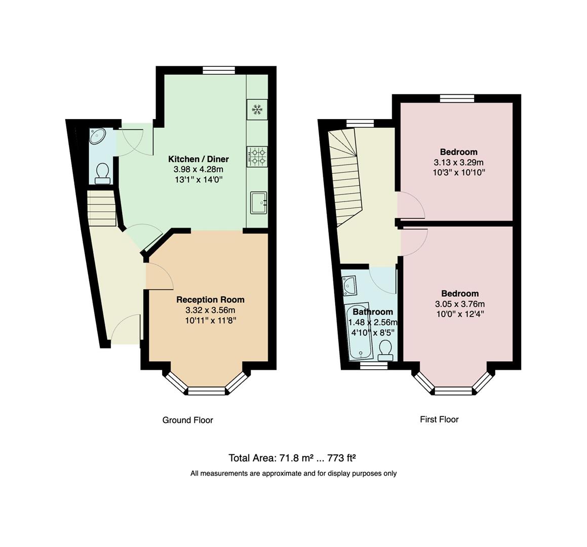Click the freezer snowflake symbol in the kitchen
(x=257, y=109)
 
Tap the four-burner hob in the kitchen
(x=257, y=156)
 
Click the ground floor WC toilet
(x=103, y=173)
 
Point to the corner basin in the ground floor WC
(x=97, y=136)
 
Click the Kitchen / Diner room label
(x=199, y=159)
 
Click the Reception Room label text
(x=210, y=300)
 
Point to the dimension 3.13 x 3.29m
(x=458, y=163)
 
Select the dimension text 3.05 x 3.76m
(x=459, y=304)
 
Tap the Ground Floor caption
(x=187, y=420)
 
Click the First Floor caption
(x=439, y=419)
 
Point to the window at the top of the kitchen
(x=219, y=71)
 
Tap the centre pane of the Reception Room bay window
(x=206, y=390)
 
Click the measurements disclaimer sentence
(x=293, y=474)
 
